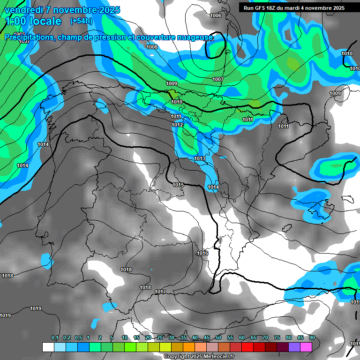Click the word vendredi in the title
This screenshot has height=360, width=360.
pos(24,10)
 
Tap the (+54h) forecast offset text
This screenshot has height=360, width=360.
pos(81,21)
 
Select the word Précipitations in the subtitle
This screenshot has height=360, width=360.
pos(28,37)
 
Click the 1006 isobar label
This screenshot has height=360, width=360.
pos(216,16)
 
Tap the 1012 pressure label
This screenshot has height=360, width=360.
pos(177,125)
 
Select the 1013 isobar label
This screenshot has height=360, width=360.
pos(200,159)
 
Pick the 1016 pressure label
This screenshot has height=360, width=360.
pos(202,253)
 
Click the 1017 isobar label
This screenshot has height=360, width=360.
pos(160,292)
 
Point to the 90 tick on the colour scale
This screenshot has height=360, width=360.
pos(312,338)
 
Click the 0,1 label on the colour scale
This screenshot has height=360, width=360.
pos(55,338)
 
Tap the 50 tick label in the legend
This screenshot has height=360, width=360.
pos(218,338)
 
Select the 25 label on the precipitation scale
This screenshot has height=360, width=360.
pos(160,338)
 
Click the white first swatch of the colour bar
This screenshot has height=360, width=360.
pos(48,347)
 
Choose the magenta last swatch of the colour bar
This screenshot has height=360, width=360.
pos(306,347)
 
